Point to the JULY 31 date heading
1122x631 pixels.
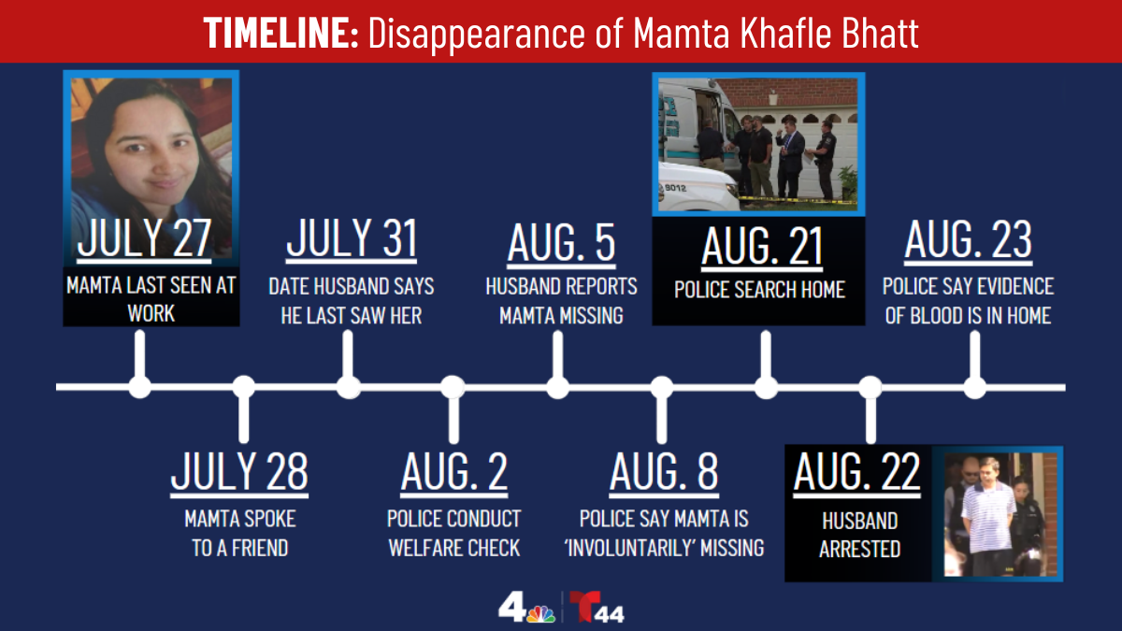[351, 239]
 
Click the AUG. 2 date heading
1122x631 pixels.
[454, 472]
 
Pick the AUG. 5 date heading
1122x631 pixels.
[561, 243]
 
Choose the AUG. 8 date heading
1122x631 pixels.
[664, 472]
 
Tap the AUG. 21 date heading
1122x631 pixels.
[762, 247]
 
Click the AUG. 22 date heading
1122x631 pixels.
[856, 472]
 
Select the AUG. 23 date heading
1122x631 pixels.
[968, 241]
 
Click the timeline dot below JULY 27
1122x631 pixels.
[139, 386]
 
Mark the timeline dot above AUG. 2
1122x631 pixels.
[453, 386]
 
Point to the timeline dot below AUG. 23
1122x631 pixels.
[974, 386]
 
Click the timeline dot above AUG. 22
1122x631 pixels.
[870, 386]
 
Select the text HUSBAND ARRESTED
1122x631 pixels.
[858, 535]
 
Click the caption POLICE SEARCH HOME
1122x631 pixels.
[759, 290]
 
